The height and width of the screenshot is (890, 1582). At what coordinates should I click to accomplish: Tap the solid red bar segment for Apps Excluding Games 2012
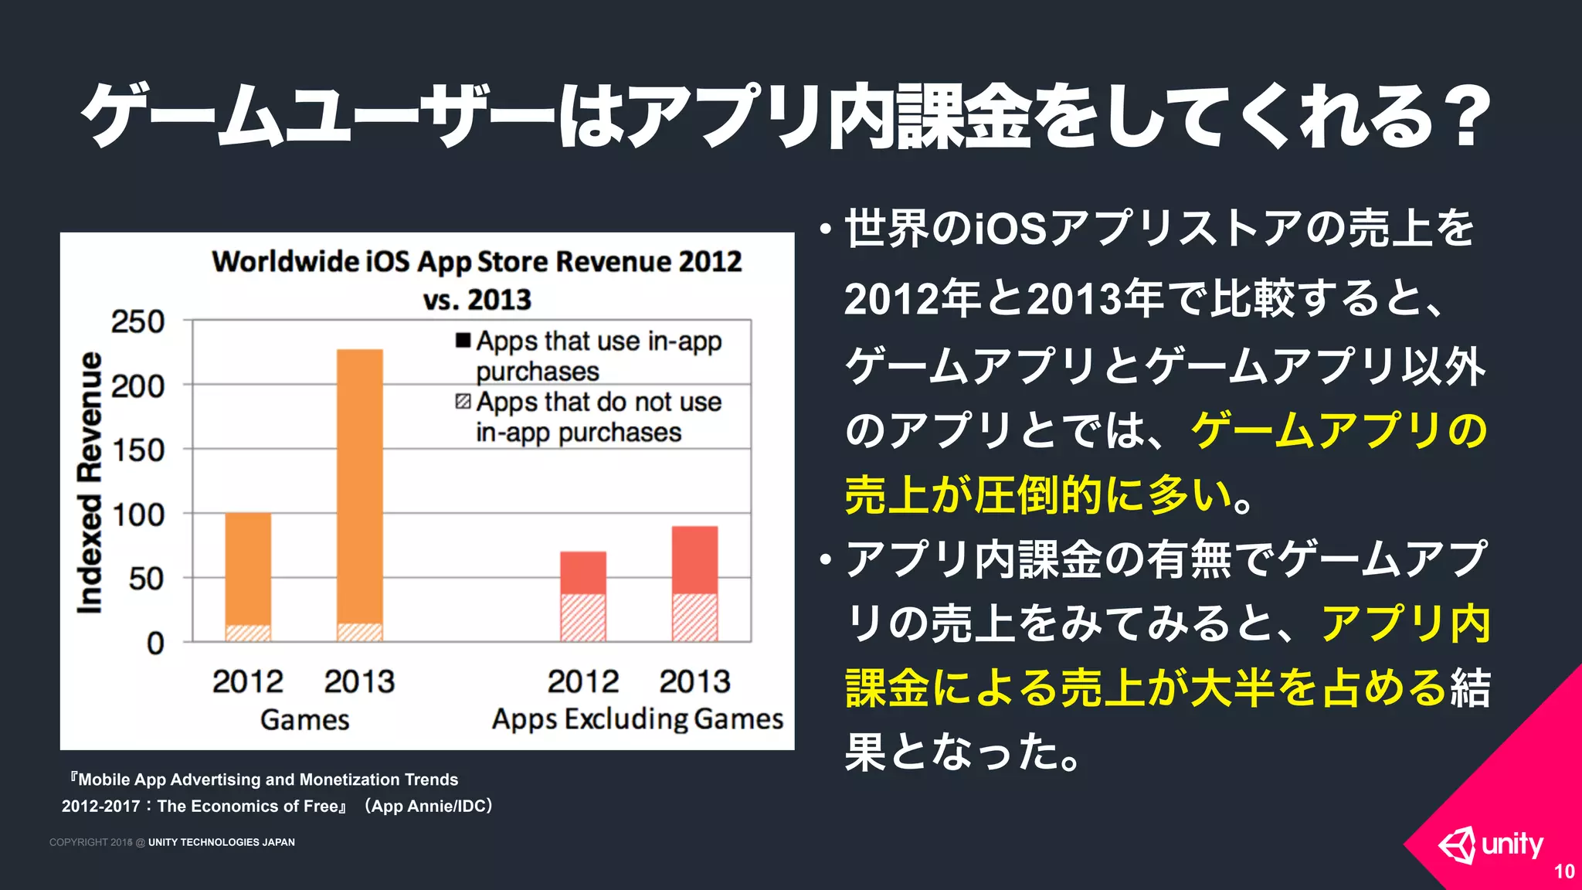(583, 572)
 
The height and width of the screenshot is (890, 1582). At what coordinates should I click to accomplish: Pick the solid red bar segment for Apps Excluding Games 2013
(694, 560)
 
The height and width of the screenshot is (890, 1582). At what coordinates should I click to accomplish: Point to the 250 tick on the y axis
(138, 321)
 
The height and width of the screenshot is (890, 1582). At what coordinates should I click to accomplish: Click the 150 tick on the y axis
(138, 450)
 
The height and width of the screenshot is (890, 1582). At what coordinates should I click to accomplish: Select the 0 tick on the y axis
(155, 643)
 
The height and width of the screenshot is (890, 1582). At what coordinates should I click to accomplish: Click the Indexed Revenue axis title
(90, 483)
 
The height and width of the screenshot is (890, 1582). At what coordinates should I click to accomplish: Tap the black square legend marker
(463, 340)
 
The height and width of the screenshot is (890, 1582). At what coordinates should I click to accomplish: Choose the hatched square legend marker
(463, 402)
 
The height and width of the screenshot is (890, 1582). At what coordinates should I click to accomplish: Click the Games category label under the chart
(304, 720)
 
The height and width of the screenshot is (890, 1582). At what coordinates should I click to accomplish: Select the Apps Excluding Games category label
(637, 719)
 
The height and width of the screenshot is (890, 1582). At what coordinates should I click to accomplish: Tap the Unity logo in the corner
(1490, 845)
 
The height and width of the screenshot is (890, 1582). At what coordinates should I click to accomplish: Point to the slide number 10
(1563, 871)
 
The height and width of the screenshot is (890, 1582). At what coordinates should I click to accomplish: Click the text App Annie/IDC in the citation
(429, 806)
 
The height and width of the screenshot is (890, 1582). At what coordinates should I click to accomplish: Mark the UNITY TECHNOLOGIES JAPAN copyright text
(221, 842)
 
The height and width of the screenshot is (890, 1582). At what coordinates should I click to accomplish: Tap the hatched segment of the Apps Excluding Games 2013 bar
(694, 617)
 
